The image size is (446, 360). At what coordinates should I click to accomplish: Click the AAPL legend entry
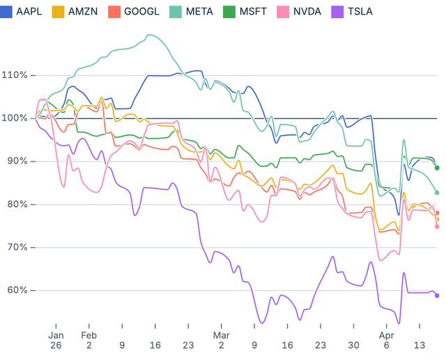coord(22,11)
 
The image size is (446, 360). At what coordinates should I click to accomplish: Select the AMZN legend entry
coord(77,11)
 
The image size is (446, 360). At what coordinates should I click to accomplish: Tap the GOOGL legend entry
coord(137,11)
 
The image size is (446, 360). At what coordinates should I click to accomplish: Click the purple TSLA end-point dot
coord(437,295)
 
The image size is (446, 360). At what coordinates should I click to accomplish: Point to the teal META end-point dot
coord(437,193)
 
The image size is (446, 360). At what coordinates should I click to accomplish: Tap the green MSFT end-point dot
coord(437,168)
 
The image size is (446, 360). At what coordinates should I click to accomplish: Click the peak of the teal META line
coord(148,35)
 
